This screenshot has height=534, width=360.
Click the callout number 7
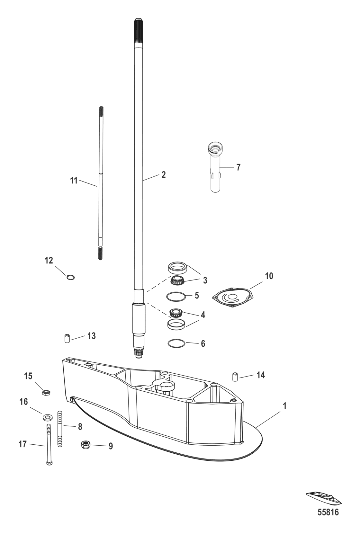238,167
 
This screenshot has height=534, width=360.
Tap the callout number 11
74,181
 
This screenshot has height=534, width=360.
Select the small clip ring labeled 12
71,277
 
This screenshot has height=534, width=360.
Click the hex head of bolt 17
49,463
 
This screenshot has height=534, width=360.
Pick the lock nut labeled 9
86,445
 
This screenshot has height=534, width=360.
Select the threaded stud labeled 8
59,429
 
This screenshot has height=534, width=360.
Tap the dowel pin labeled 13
67,339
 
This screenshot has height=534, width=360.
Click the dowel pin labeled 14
235,376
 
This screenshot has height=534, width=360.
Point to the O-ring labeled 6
176,343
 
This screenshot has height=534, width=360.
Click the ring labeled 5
176,296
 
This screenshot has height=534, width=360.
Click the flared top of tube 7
215,148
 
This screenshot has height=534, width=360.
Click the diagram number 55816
328,512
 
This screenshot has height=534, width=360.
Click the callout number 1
284,406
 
